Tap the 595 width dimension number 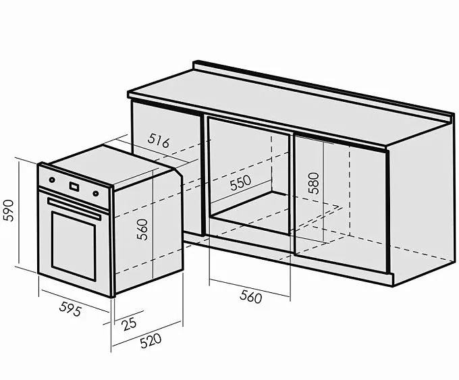pyautogui.click(x=70, y=308)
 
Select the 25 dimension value pyautogui.click(x=130, y=324)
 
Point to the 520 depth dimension pyautogui.click(x=151, y=341)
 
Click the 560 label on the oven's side pyautogui.click(x=142, y=229)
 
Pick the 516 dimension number pyautogui.click(x=159, y=140)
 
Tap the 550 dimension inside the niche pyautogui.click(x=240, y=183)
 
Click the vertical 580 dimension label pyautogui.click(x=313, y=183)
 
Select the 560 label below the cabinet pyautogui.click(x=250, y=296)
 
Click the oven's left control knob pyautogui.click(x=52, y=180)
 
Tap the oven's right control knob pyautogui.click(x=96, y=193)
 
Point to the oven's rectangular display pyautogui.click(x=74, y=186)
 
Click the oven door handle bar pyautogui.click(x=74, y=209)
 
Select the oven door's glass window pyautogui.click(x=74, y=246)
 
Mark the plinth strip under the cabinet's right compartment pyautogui.click(x=342, y=265)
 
